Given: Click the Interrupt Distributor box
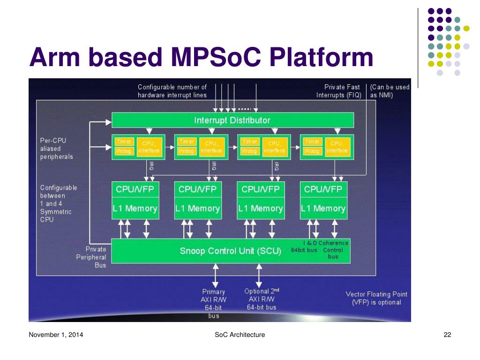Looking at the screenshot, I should tap(232, 120).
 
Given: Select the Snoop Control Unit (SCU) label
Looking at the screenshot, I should tap(230, 251).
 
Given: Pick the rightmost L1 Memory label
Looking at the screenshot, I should tap(323, 209).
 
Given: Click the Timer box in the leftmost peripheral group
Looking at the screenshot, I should tap(124, 142).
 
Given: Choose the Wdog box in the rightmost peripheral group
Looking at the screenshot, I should tap(312, 151).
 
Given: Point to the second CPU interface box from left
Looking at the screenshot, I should tap(211, 147).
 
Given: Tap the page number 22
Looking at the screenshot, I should tap(447, 335).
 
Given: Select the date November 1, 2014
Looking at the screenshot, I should tap(56, 335).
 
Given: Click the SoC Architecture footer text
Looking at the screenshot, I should tap(240, 335).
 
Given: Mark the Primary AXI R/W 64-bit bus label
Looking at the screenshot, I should tap(214, 304).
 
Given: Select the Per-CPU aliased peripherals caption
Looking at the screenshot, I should tap(57, 149).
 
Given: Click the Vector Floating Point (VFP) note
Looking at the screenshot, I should tap(376, 298).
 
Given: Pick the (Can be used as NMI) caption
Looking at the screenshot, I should tap(389, 91).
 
